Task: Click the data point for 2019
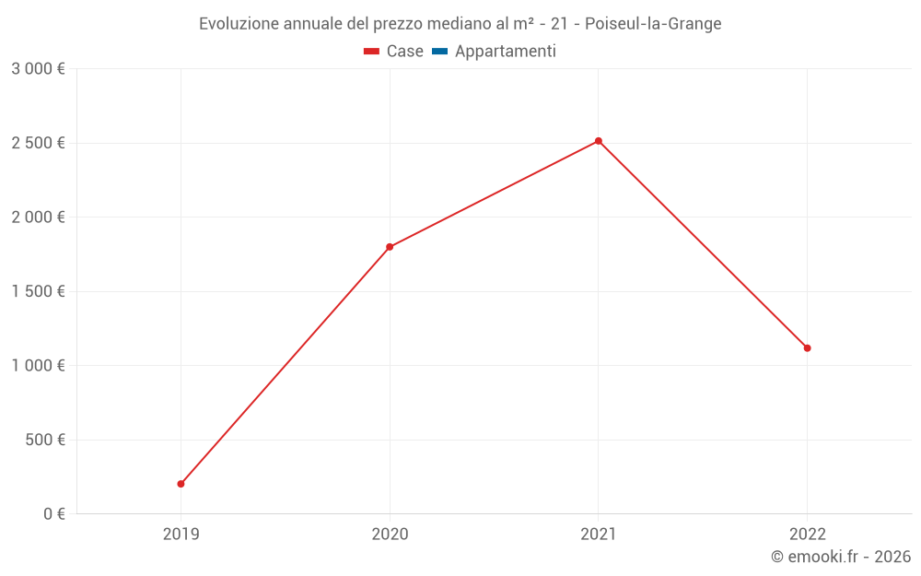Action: click(x=181, y=484)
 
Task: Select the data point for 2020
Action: click(x=390, y=247)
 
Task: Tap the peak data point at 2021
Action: click(x=599, y=141)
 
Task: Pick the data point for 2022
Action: click(x=807, y=348)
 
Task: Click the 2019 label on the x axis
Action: click(x=181, y=534)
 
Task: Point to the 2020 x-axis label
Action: click(x=390, y=534)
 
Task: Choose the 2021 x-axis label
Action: click(x=599, y=534)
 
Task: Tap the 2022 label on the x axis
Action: click(x=807, y=534)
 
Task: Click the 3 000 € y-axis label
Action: click(x=38, y=69)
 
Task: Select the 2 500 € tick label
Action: click(x=38, y=143)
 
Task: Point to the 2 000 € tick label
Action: click(x=38, y=217)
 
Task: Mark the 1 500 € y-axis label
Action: click(x=38, y=291)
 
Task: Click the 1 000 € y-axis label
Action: click(x=38, y=366)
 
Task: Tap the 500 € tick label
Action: click(x=44, y=440)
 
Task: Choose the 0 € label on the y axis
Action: click(x=54, y=514)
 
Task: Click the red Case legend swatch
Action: click(x=371, y=52)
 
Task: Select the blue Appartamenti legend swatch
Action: click(x=439, y=52)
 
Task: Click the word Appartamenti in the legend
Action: click(x=505, y=52)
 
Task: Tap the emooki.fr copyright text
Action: click(x=840, y=557)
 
